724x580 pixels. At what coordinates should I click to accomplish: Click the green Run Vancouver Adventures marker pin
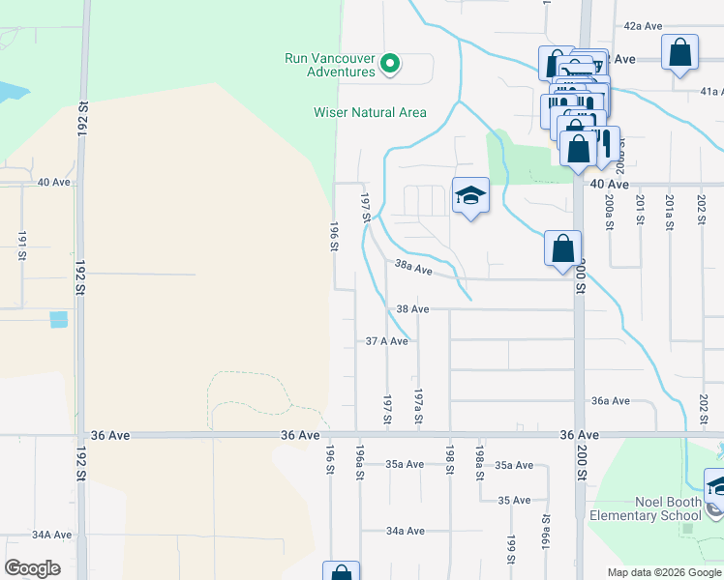point(390,64)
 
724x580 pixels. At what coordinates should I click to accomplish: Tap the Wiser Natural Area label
point(370,112)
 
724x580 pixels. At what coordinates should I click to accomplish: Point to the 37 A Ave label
point(387,341)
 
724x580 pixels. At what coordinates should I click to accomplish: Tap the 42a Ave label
point(643,26)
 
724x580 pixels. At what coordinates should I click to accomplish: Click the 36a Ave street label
point(611,400)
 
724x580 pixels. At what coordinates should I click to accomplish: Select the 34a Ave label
point(405,531)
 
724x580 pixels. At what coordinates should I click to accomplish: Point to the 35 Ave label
point(514,500)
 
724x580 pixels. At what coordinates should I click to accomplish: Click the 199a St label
point(545,531)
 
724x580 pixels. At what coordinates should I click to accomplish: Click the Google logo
point(32,568)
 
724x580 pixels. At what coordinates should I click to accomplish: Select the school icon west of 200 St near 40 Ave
point(470,196)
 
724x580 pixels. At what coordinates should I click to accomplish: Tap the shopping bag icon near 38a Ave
point(563,249)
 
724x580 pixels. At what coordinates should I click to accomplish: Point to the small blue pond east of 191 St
point(59,318)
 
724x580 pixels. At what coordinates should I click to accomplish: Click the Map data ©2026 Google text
point(663,572)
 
